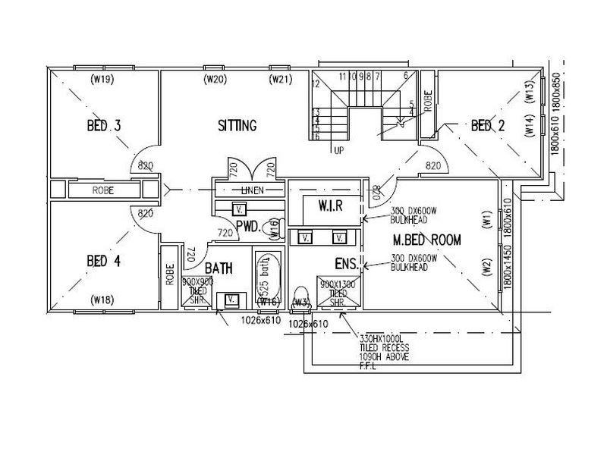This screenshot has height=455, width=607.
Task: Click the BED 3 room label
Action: pyautogui.click(x=104, y=125)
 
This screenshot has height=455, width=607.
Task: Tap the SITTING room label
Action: pyautogui.click(x=237, y=125)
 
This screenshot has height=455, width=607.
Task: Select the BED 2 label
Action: pyautogui.click(x=487, y=125)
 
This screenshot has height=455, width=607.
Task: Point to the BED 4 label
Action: pyautogui.click(x=104, y=262)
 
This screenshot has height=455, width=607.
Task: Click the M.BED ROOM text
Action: pyautogui.click(x=427, y=240)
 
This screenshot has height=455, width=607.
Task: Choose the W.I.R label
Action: pyautogui.click(x=332, y=206)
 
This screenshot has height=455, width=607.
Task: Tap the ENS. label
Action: pyautogui.click(x=347, y=264)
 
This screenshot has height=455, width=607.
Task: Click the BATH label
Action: pyautogui.click(x=219, y=268)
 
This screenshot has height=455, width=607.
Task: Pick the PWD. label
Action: pyautogui.click(x=248, y=225)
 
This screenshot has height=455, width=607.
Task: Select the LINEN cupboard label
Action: pyautogui.click(x=253, y=190)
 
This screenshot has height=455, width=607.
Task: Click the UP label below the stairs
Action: pyautogui.click(x=339, y=150)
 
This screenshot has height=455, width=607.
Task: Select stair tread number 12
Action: pyautogui.click(x=316, y=83)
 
